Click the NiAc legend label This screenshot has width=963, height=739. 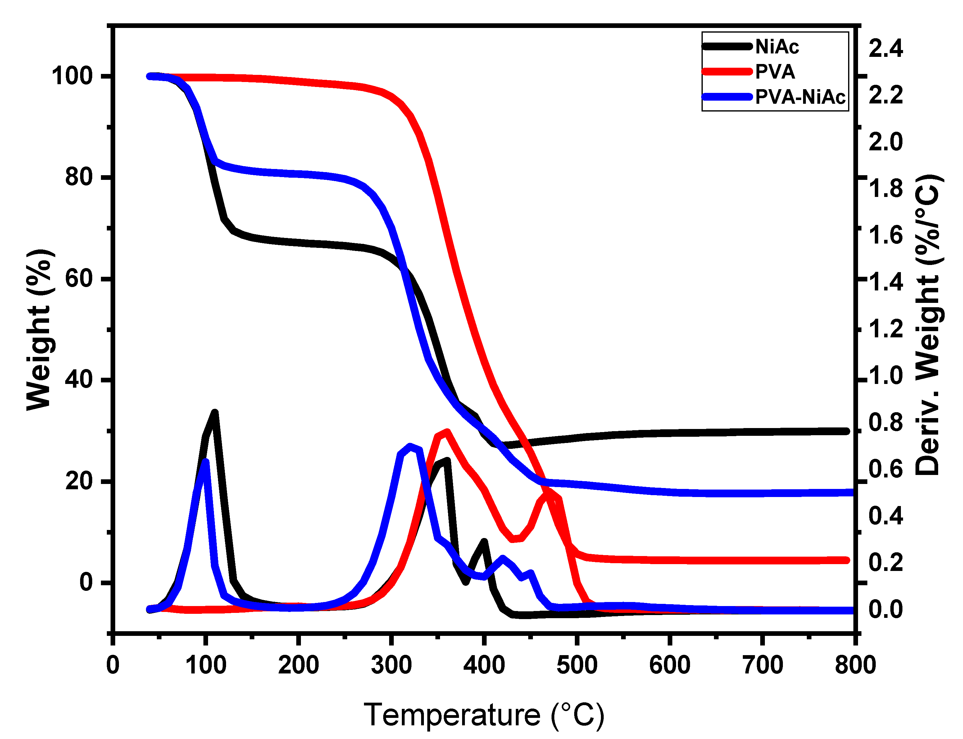pos(777,47)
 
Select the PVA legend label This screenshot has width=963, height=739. pos(775,72)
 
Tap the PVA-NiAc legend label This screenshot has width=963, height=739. pos(800,97)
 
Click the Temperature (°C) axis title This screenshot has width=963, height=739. pos(484,715)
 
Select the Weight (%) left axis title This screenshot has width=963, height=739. pos(39,330)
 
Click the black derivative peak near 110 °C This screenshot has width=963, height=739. pos(215,413)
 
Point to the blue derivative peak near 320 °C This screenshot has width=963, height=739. pos(410,446)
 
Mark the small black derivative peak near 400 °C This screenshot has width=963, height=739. pos(484,541)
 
